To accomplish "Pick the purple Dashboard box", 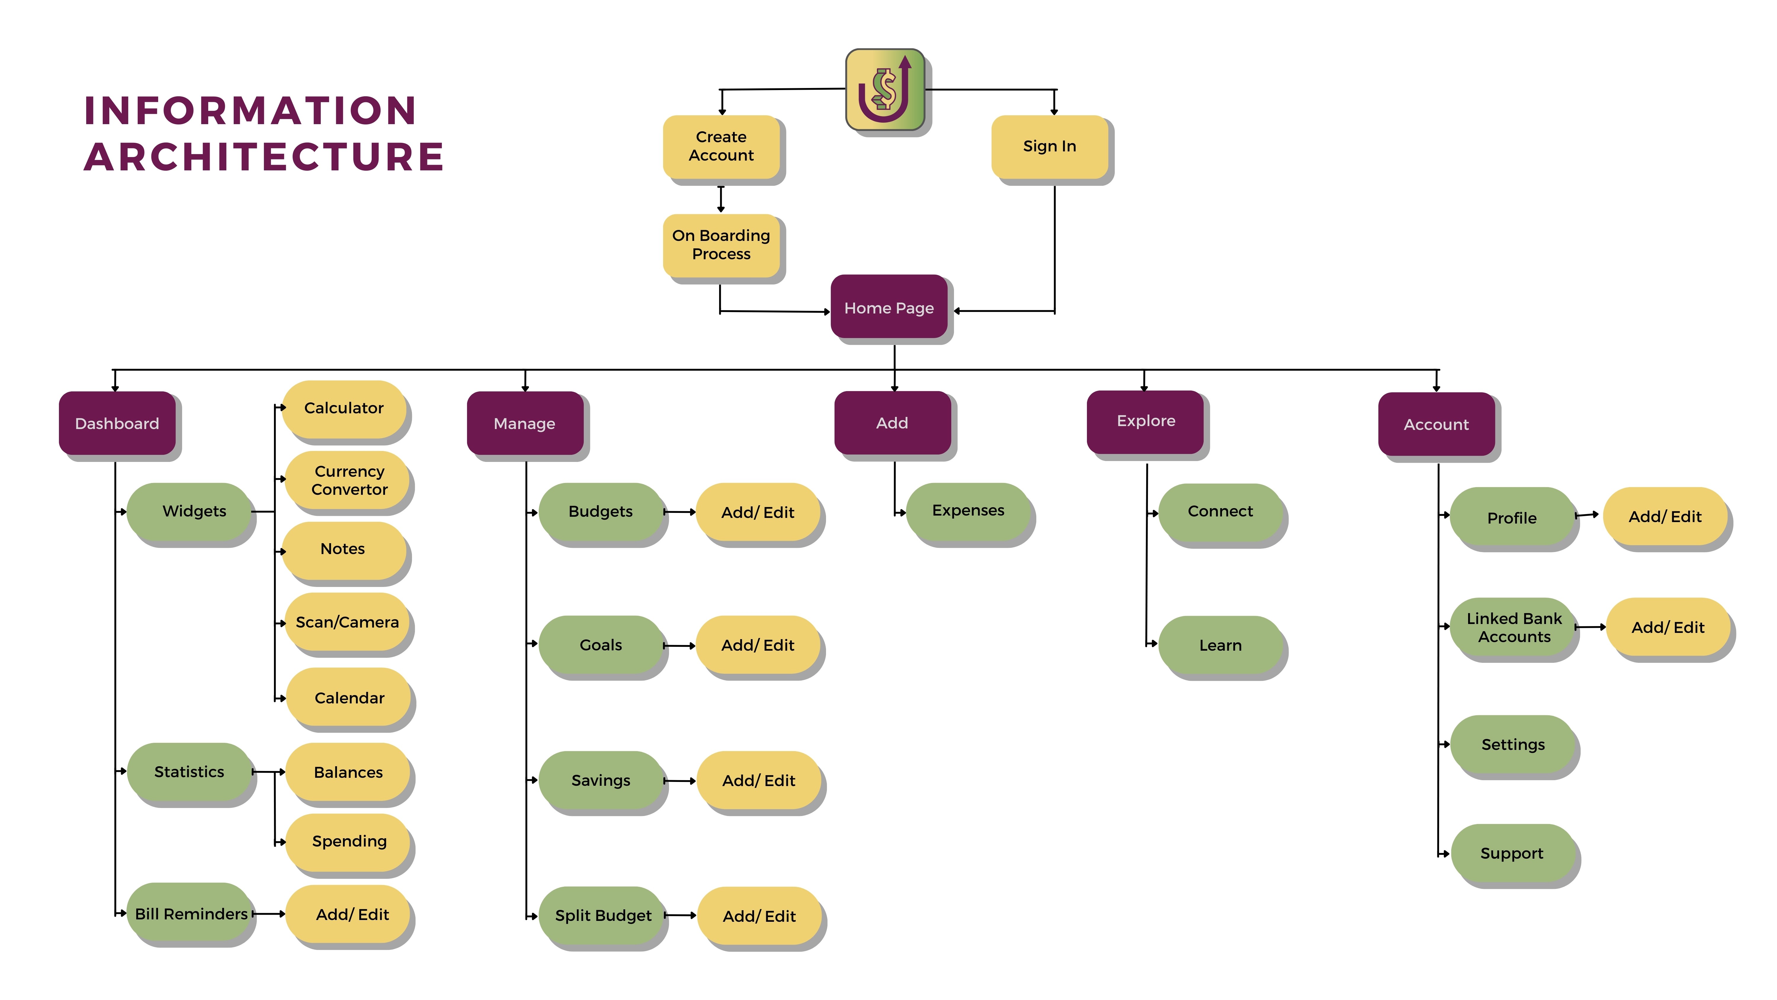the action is (x=117, y=423).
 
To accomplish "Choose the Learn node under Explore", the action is (x=1220, y=645).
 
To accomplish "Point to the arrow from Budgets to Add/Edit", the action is (x=679, y=512).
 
